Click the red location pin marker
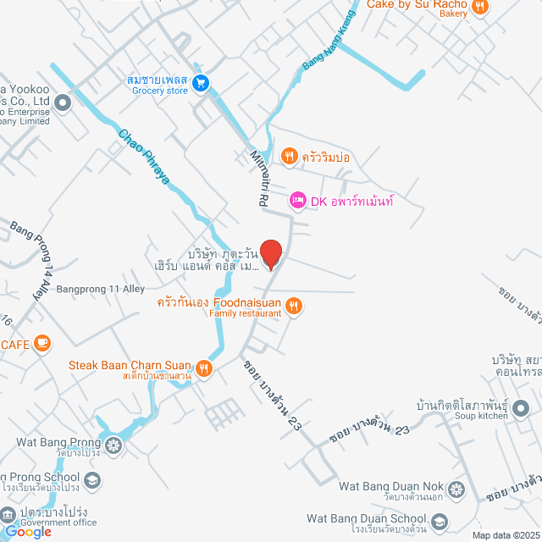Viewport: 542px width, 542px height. click(x=270, y=253)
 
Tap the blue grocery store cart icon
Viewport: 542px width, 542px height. click(x=201, y=82)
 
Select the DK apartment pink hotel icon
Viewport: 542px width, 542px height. click(x=297, y=201)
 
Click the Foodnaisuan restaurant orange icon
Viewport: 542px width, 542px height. click(x=294, y=306)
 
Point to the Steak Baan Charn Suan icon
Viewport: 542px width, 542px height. click(x=204, y=368)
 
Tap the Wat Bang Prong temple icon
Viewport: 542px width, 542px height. click(x=113, y=442)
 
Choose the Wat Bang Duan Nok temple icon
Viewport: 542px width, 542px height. click(x=456, y=489)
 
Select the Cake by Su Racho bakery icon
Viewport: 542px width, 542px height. click(x=479, y=7)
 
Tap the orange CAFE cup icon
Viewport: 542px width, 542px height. click(x=43, y=344)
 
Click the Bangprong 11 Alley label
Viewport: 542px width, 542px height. click(x=101, y=289)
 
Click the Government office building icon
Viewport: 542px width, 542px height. click(x=8, y=514)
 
